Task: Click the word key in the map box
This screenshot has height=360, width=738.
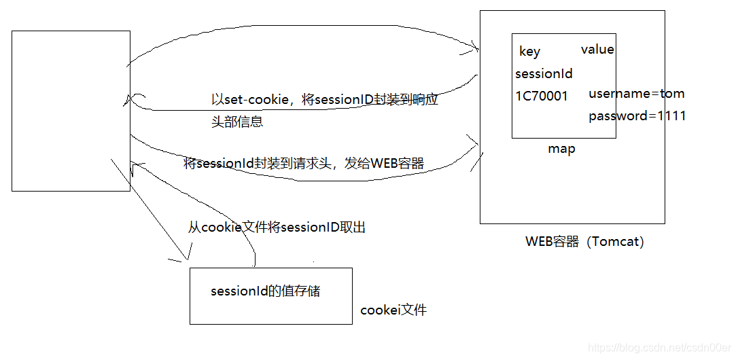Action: coord(529,52)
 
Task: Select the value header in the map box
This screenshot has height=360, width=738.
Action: coord(597,50)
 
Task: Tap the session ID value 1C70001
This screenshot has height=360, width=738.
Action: coord(542,96)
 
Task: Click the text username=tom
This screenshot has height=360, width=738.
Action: coord(636,94)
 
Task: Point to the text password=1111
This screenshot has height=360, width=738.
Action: coord(637,116)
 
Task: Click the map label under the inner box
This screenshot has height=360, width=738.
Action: coord(561,149)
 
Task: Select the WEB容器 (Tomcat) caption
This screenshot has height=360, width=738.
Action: coord(584,241)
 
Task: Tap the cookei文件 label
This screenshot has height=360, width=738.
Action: coord(393,310)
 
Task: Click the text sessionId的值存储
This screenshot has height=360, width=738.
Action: coord(265,291)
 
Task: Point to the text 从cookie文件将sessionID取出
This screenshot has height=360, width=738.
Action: coord(277,228)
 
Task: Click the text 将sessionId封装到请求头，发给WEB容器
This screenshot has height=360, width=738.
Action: coord(304,164)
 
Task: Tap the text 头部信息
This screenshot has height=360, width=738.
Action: coord(237,122)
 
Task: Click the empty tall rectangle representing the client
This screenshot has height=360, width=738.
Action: coord(71,111)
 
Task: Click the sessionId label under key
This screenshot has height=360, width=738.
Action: coord(544,74)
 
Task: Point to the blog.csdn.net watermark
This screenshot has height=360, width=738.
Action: coord(658,348)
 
